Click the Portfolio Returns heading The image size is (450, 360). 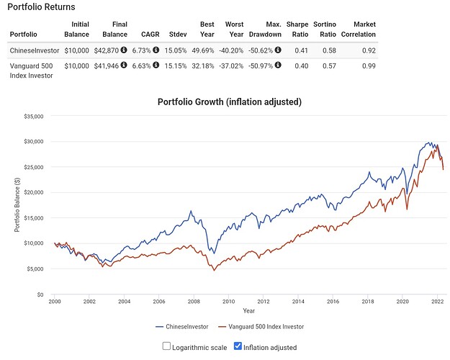[x=41, y=7]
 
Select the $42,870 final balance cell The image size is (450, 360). [x=106, y=50]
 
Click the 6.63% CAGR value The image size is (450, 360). [x=141, y=66]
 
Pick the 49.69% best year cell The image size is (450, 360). [x=203, y=50]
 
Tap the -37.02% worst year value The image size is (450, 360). [x=231, y=66]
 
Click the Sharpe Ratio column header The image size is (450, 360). [x=297, y=30]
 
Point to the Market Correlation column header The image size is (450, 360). [x=359, y=30]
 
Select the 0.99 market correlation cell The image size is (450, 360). [x=369, y=66]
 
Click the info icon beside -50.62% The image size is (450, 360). [x=278, y=50]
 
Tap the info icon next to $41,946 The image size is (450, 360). [x=124, y=65]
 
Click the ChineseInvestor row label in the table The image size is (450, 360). [x=35, y=50]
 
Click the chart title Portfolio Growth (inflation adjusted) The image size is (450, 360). [x=230, y=102]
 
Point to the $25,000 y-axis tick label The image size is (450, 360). [x=34, y=167]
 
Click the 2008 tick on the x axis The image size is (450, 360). [x=194, y=302]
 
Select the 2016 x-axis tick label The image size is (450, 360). [x=333, y=302]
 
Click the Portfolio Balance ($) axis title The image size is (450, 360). [x=17, y=204]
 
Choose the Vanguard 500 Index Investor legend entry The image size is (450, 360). [x=261, y=327]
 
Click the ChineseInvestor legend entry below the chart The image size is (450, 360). [x=182, y=327]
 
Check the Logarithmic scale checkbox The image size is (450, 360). [x=166, y=346]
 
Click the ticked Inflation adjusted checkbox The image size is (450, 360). [x=238, y=346]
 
